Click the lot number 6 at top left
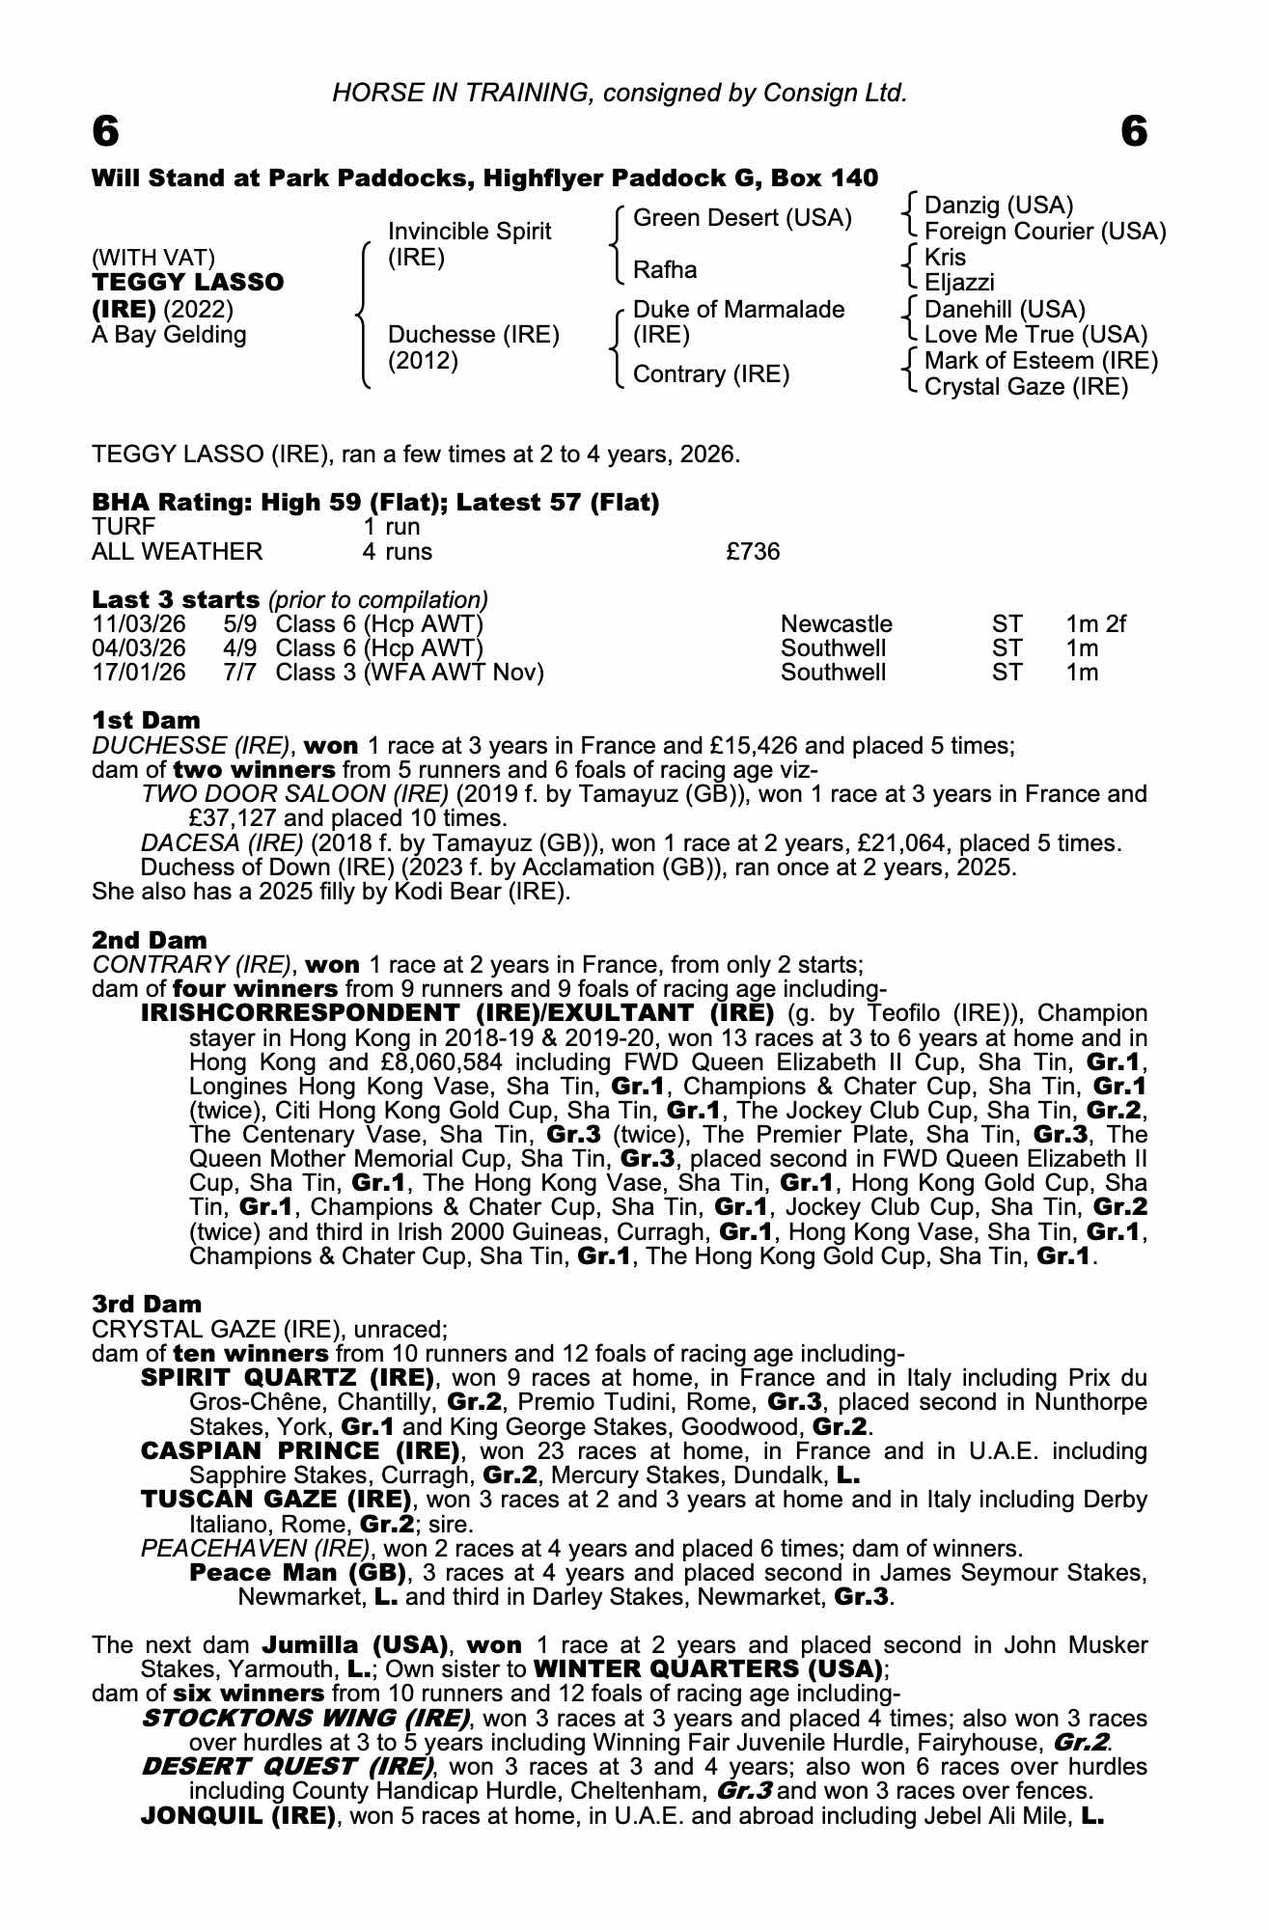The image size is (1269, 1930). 105,131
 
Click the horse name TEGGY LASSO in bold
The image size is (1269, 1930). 187,283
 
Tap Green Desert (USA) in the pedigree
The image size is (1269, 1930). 742,218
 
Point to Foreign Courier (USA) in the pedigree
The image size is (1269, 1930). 1045,232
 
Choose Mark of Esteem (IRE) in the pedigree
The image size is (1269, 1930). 1041,361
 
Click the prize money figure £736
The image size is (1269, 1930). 753,552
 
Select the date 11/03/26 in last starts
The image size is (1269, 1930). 139,624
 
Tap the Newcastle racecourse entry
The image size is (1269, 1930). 836,624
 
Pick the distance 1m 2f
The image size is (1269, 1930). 1095,624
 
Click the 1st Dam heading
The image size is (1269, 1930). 146,720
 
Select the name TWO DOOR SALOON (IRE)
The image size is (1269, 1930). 294,794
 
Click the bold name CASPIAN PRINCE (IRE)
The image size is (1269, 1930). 300,1450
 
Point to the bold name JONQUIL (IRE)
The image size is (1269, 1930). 237,1816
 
